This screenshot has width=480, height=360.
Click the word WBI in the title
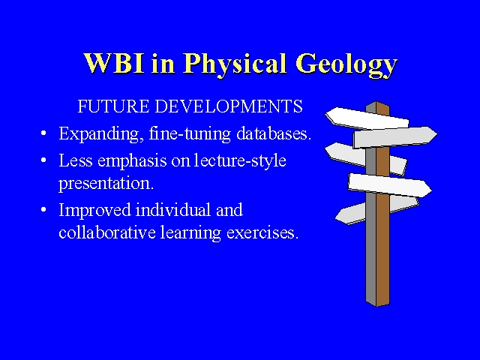(113, 63)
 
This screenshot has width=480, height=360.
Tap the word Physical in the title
(235, 65)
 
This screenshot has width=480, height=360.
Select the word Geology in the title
(346, 65)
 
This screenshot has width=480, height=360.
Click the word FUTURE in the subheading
(113, 106)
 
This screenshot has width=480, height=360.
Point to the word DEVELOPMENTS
(229, 106)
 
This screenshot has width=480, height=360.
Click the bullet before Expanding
(43, 133)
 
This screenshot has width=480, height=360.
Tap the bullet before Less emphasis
(43, 160)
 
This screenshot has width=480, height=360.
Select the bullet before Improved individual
(43, 210)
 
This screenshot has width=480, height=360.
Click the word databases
(274, 133)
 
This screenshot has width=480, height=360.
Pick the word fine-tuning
(190, 134)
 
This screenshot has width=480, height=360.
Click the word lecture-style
(240, 160)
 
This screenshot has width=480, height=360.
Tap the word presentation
(106, 184)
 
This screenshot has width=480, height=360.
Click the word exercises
(262, 232)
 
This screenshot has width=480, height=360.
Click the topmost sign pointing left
(367, 118)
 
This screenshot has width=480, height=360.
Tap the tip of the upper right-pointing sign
(436, 133)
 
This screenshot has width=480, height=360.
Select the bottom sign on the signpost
(376, 210)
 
